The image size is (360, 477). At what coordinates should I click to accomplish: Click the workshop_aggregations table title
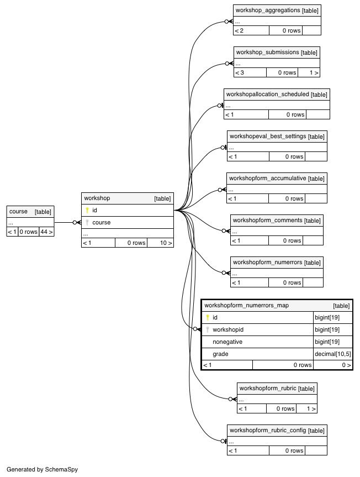tap(268, 11)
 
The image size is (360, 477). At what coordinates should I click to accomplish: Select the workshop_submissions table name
tap(267, 53)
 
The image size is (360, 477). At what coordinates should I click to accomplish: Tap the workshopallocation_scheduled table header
tap(267, 95)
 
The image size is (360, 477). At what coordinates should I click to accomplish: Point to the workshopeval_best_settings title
tap(268, 137)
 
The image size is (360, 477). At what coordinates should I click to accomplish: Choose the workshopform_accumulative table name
tap(267, 179)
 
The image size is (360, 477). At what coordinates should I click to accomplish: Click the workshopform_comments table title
tap(267, 220)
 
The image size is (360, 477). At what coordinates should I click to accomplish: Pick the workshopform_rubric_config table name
tap(268, 430)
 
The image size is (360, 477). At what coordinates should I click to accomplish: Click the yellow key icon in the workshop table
tap(87, 210)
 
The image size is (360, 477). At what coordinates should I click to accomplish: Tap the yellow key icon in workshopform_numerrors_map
tap(208, 318)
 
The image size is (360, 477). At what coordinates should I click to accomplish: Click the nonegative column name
tap(227, 342)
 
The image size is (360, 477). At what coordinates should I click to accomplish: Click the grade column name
tap(220, 354)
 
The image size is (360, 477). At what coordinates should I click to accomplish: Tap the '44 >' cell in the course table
tap(46, 232)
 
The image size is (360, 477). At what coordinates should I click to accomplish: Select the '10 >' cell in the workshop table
tap(166, 243)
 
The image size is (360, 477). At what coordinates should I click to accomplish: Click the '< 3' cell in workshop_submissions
tap(240, 73)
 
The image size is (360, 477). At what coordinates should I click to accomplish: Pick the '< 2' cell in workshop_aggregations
tap(239, 31)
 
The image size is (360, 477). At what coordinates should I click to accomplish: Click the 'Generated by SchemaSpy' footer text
tap(42, 469)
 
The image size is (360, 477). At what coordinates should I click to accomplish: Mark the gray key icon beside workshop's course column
tap(87, 222)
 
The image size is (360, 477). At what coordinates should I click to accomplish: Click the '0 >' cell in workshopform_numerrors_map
tap(346, 365)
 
